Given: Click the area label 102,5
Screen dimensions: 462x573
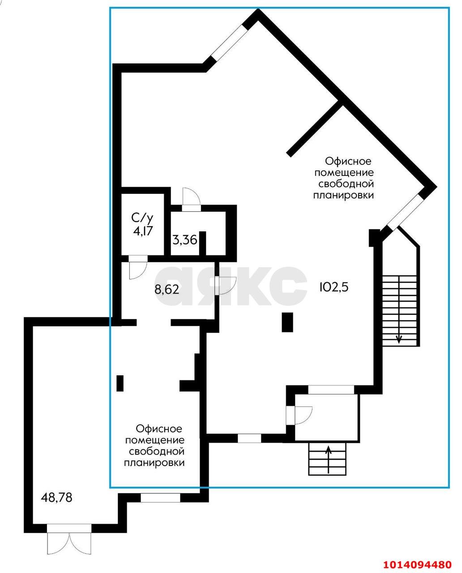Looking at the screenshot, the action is click(334, 287).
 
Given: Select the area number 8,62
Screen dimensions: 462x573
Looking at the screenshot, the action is click(167, 290).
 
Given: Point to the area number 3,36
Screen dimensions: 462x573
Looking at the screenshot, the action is click(185, 240).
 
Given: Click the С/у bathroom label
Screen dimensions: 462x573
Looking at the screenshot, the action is click(142, 218).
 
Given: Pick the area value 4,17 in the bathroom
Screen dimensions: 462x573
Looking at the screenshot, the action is click(143, 231).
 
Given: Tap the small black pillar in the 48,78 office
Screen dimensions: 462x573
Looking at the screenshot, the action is click(120, 383).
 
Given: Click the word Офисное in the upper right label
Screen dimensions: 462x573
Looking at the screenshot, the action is click(348, 161).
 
